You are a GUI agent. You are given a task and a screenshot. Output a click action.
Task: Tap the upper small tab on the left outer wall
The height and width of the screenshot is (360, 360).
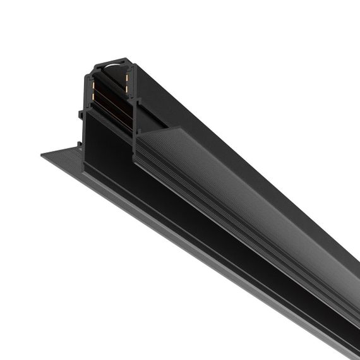coord(80,115)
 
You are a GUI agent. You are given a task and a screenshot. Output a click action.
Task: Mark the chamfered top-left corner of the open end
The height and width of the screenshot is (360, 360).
coord(95,65)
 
